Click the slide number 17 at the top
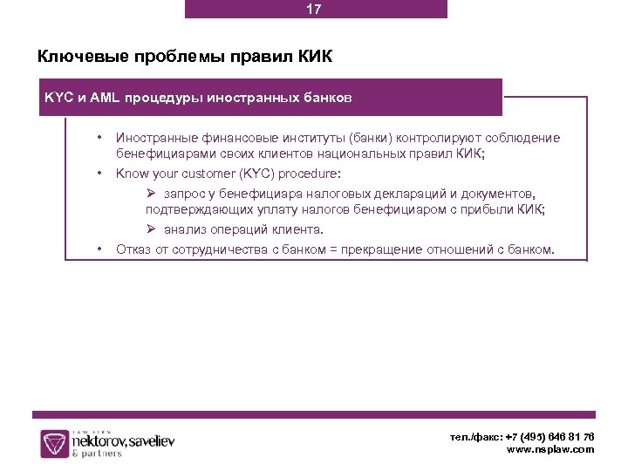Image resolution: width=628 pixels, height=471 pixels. (x=314, y=10)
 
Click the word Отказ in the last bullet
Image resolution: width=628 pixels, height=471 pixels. (x=133, y=249)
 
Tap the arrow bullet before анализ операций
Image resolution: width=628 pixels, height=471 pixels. (x=151, y=230)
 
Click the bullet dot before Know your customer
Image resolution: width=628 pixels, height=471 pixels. (x=100, y=173)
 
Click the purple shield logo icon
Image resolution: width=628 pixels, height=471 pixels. (x=53, y=443)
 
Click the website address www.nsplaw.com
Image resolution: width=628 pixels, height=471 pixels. (x=550, y=449)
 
